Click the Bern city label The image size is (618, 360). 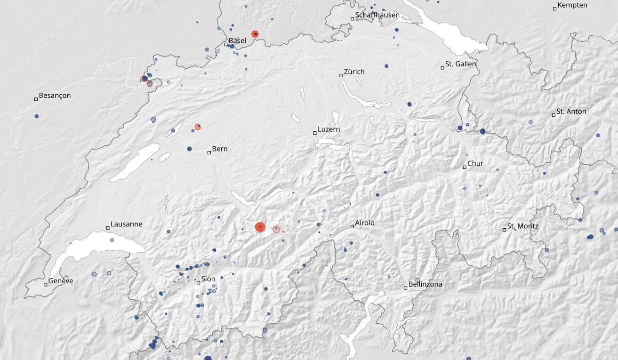pos(220,149)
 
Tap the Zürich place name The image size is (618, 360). pos(354,72)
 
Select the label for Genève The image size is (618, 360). pos(61,281)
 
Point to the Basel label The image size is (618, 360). pos(237,41)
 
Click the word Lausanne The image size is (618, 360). pos(126,224)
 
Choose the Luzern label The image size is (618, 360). pos(329,129)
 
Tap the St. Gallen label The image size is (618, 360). pos(461,64)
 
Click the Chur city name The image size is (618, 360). pos(476,164)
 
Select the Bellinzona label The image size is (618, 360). pos(425,284)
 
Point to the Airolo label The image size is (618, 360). pos(365,223)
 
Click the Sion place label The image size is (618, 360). pos(208,279)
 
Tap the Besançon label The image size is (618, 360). pos(55,96)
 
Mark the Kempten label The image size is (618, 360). pos(572,5)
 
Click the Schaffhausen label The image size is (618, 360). pos(377,15)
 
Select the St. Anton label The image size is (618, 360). pos(571,112)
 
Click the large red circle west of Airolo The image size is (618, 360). pos(260,227)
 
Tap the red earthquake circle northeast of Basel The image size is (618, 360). pos(255,34)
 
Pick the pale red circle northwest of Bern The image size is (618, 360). pos(198,127)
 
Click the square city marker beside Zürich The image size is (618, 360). pos(341,75)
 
